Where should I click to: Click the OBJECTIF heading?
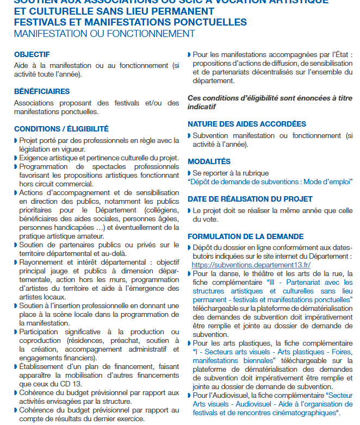pyautogui.click(x=32, y=54)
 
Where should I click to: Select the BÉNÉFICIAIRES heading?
pyautogui.click(x=42, y=91)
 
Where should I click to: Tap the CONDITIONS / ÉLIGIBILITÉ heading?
pyautogui.click(x=61, y=129)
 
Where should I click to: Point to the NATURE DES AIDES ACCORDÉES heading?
pyautogui.click(x=247, y=124)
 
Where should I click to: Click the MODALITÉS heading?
pyautogui.click(x=209, y=161)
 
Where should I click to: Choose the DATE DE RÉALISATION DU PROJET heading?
pyautogui.click(x=250, y=199)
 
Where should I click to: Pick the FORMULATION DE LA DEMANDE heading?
pyautogui.click(x=246, y=236)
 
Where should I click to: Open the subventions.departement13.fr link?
pyautogui.click(x=251, y=265)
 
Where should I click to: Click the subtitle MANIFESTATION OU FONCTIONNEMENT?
pyautogui.click(x=104, y=34)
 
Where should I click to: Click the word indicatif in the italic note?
pyautogui.click(x=202, y=107)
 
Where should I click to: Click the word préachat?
pyautogui.click(x=114, y=340)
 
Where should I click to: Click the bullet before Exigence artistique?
pyautogui.click(x=15, y=158)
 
